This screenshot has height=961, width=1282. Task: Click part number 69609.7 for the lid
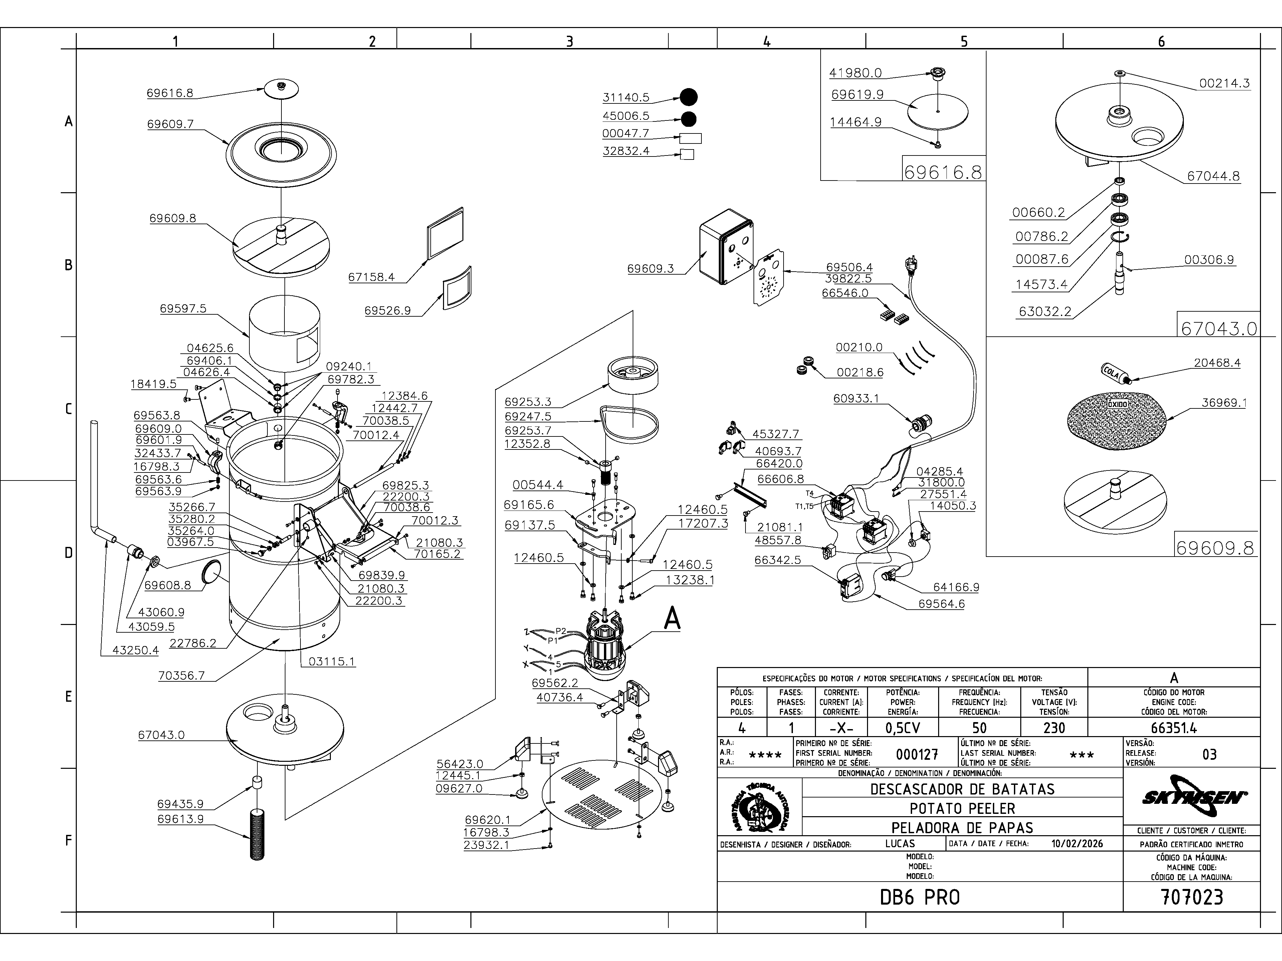[x=170, y=124]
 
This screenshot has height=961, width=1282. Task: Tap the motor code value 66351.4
[x=1173, y=727]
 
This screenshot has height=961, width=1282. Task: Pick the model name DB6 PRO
[x=920, y=897]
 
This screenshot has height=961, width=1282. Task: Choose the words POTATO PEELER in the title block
[x=962, y=809]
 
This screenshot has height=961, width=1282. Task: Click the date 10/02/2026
[x=1077, y=844]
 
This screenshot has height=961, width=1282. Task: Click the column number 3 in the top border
[x=569, y=41]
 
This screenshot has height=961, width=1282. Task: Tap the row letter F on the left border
[x=68, y=841]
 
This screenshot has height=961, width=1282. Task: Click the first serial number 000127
[x=917, y=754]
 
